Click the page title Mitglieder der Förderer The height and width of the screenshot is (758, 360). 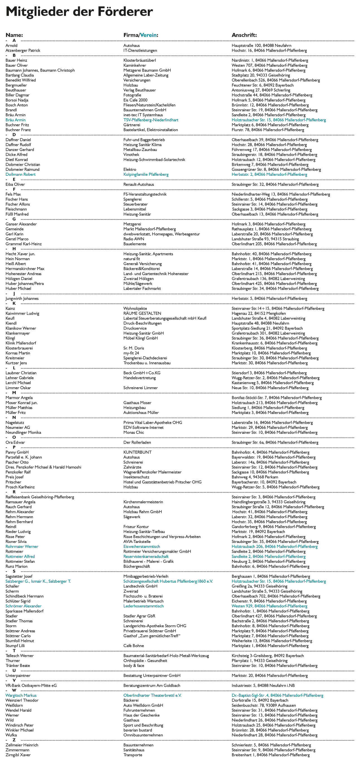tap(79, 12)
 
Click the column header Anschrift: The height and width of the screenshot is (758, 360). tap(244, 35)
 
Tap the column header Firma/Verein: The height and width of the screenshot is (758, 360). tap(141, 35)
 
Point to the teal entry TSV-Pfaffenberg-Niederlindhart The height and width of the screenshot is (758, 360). tap(151, 120)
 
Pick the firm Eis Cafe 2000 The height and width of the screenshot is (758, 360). tap(135, 100)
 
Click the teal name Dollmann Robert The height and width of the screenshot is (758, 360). tap(21, 174)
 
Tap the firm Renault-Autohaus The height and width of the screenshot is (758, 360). tap(139, 184)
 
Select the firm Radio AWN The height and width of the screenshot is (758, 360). tap(134, 239)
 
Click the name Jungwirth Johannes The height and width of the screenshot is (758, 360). tap(22, 299)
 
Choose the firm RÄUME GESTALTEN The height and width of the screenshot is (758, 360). tap(142, 313)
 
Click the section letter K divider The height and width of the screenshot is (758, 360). tap(14, 303)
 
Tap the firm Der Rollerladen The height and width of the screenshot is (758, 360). tap(137, 443)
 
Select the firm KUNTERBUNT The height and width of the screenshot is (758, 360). tap(137, 452)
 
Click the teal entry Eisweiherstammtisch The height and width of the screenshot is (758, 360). tap(142, 547)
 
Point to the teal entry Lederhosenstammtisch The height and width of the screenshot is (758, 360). tap(143, 606)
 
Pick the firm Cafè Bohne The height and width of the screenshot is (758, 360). tap(134, 646)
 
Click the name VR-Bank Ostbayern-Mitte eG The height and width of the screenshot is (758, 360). tap(31, 686)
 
